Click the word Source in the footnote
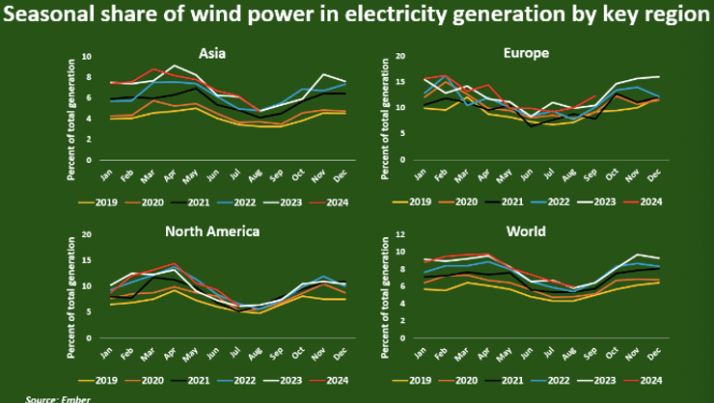point(40,398)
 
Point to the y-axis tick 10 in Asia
point(87,56)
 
